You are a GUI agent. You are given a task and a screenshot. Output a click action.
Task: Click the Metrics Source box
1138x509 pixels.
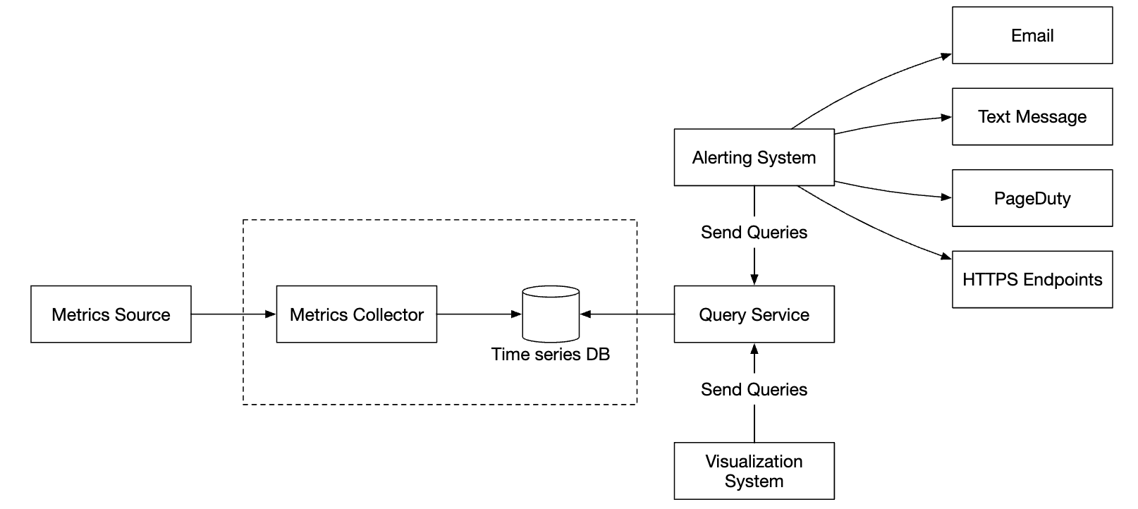pyautogui.click(x=111, y=314)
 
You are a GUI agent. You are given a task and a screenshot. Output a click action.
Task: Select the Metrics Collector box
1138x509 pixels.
pyautogui.click(x=356, y=314)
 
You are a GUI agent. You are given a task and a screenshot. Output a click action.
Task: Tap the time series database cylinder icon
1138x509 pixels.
pyautogui.click(x=551, y=314)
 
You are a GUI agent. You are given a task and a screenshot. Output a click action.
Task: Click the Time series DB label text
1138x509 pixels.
pyautogui.click(x=551, y=355)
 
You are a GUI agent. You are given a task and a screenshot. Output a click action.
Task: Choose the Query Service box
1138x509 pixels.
pyautogui.click(x=754, y=314)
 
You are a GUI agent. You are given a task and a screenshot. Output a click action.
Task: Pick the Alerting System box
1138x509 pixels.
pyautogui.click(x=754, y=157)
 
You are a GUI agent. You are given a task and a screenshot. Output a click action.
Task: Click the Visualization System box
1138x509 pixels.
pyautogui.click(x=754, y=471)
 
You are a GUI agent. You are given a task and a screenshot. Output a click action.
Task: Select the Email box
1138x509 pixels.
pyautogui.click(x=1032, y=35)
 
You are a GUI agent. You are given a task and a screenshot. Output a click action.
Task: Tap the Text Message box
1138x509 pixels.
pyautogui.click(x=1032, y=117)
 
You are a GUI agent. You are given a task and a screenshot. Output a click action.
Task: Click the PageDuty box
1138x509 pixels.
pyautogui.click(x=1032, y=198)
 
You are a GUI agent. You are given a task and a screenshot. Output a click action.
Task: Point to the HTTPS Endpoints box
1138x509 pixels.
pyautogui.click(x=1032, y=279)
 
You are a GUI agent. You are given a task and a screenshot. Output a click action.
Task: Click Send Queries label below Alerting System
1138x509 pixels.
pyautogui.click(x=754, y=233)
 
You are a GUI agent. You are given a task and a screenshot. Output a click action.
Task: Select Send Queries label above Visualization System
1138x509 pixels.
pyautogui.click(x=754, y=390)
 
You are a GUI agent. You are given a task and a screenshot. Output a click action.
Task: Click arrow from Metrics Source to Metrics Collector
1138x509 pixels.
pyautogui.click(x=233, y=314)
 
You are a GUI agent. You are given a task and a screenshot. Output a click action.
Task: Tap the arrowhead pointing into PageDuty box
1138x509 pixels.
pyautogui.click(x=946, y=197)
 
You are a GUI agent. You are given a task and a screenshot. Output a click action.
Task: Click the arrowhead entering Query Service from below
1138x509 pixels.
pyautogui.click(x=754, y=349)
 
